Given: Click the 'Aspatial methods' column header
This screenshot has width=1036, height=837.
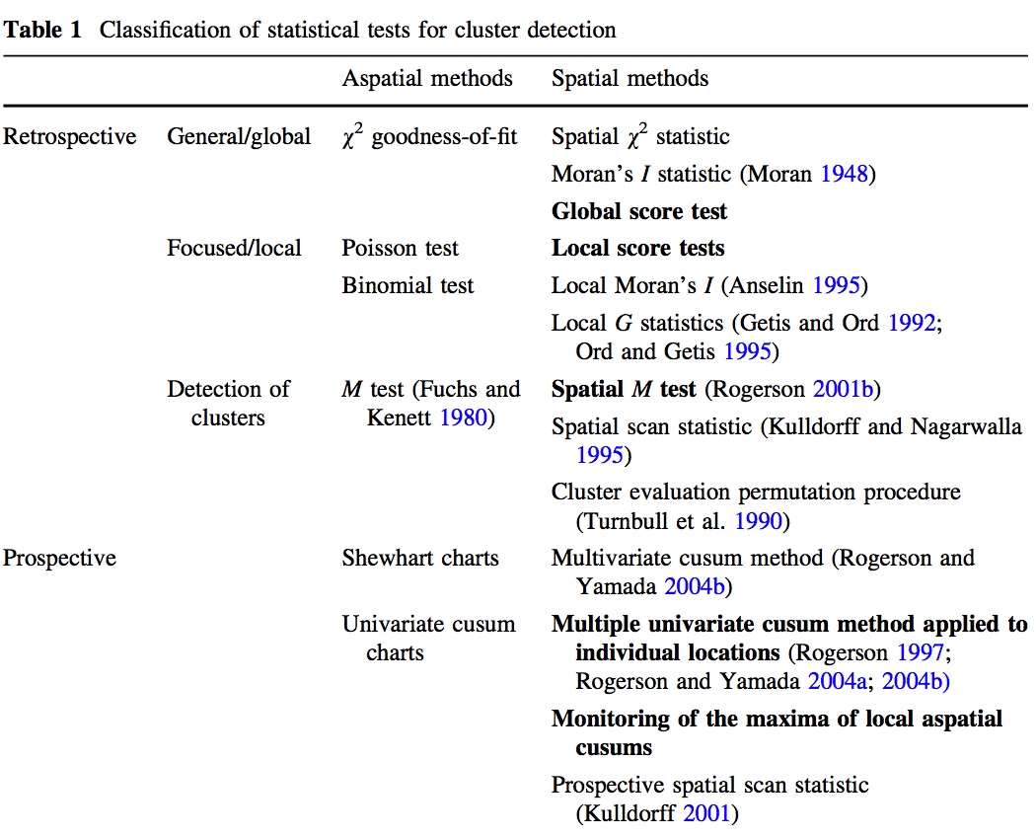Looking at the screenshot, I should point(427,78).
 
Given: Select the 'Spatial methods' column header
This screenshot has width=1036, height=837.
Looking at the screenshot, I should point(629,78).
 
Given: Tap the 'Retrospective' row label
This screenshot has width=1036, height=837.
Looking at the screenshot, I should point(69,136).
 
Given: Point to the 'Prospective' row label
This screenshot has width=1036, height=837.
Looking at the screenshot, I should point(59,558).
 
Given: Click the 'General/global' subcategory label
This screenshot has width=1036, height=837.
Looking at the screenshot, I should point(239,136).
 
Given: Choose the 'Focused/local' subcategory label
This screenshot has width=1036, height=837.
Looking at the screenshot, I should point(235,248).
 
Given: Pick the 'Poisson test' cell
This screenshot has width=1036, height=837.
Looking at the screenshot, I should point(400,248).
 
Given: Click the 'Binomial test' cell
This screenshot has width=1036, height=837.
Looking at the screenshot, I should point(407,285).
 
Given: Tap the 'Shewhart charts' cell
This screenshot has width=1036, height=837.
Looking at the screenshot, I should point(420,558).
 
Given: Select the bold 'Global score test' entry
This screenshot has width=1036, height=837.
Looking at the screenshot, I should point(639,211).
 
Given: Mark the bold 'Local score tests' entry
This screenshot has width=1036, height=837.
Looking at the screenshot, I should point(637,248).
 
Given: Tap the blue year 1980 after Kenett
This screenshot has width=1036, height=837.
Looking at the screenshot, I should point(463,418).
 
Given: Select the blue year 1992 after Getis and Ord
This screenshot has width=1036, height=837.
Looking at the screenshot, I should point(911,323).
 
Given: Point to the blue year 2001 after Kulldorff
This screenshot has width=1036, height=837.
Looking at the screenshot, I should point(705,814).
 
